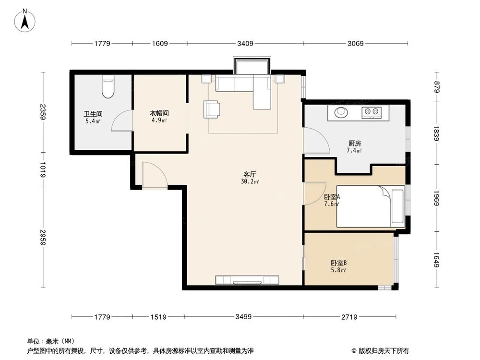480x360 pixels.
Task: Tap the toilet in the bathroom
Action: click(x=108, y=87)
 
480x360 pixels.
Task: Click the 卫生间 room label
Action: click(x=92, y=114)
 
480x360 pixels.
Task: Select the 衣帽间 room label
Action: click(x=158, y=114)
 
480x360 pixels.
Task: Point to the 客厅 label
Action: click(x=250, y=175)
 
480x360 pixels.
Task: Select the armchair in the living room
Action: click(x=213, y=108)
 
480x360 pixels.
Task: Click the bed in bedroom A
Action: click(x=370, y=206)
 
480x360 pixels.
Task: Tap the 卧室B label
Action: click(x=338, y=263)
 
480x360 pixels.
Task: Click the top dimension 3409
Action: click(x=245, y=44)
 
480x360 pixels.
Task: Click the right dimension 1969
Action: click(x=437, y=197)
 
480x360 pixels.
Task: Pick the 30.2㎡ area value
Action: click(x=250, y=182)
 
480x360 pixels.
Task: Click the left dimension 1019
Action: click(x=43, y=170)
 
